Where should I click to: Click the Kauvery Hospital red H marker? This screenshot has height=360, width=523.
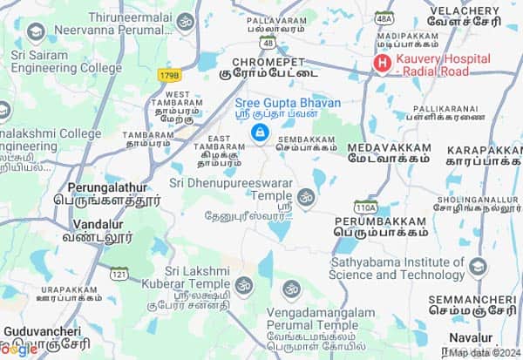(381, 64)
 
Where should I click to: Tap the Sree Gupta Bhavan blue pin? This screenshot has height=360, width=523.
(259, 132)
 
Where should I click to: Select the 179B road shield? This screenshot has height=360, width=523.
(169, 77)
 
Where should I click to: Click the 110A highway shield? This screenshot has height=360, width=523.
(366, 207)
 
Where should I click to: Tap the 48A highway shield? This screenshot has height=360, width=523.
(384, 17)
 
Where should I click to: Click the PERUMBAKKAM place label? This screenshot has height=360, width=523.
(380, 221)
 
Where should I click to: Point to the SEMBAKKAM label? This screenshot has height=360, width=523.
(306, 137)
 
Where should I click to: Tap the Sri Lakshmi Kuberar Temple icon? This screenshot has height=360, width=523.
(243, 284)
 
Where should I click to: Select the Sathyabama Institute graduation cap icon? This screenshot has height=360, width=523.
(478, 267)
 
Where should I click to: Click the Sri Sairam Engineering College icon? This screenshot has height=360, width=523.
(36, 34)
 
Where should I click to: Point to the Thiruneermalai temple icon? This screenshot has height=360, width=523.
(185, 22)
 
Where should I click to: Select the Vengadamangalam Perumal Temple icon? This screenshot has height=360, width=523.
(292, 289)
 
